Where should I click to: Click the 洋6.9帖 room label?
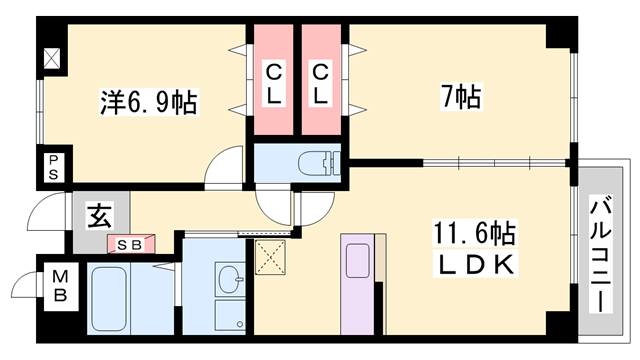pos(149,102)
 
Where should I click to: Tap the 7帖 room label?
pos(462,96)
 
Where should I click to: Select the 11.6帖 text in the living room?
pos(474,233)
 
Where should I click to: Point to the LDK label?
pos(476,264)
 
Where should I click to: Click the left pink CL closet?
pos(273,80)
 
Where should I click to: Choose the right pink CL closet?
pos(321,80)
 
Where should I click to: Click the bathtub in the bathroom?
pos(109,299)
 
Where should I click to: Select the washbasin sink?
pos(230,280)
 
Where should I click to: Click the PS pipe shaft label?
pos(53,167)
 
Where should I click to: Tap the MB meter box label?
pos(60,286)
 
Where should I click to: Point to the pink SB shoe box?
pos(131,244)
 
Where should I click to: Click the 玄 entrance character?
pos(99,216)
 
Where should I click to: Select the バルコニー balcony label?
pos(600,253)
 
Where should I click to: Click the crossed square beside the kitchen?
pos(270,257)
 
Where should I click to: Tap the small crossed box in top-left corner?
pos(52,58)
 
